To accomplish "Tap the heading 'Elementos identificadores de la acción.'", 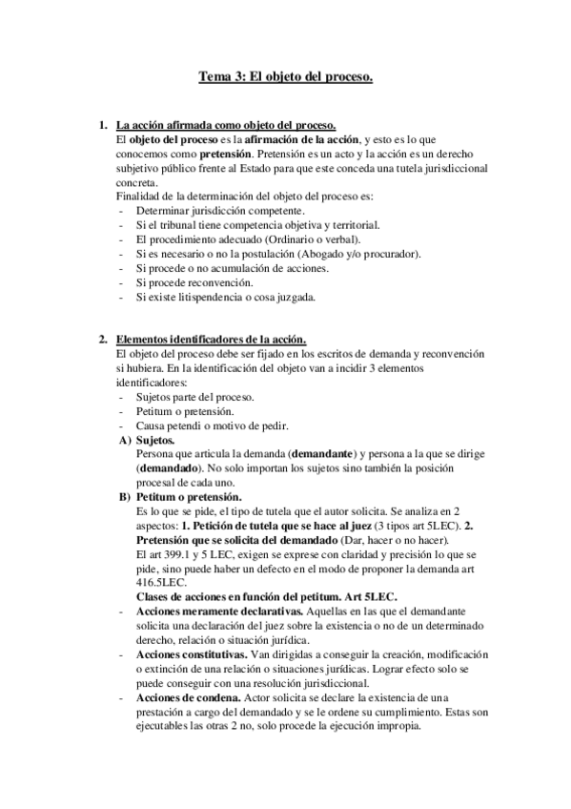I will (211, 339).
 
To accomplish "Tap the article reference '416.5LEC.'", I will (163, 583).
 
